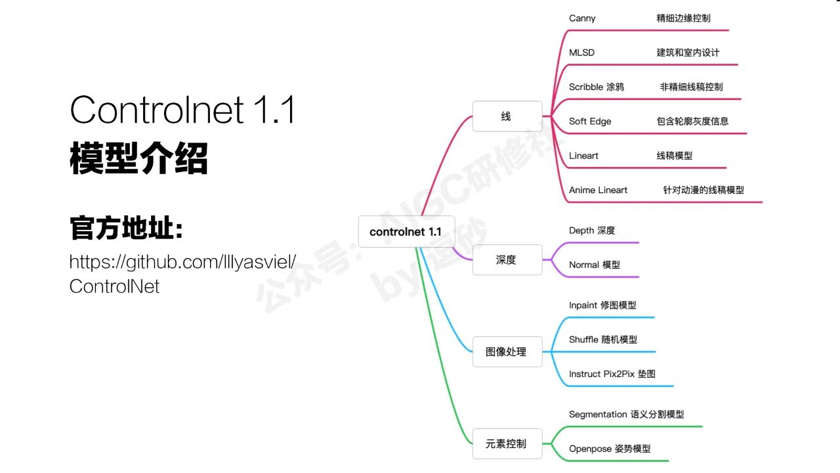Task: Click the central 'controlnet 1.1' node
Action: (x=406, y=232)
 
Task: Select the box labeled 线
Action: (x=507, y=116)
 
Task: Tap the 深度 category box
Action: (x=507, y=259)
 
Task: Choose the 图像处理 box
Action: (x=507, y=351)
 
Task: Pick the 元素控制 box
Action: (x=507, y=443)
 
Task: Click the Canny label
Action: (x=582, y=18)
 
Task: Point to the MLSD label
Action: (x=581, y=53)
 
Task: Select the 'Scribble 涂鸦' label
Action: (x=597, y=87)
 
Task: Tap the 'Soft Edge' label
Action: (x=590, y=122)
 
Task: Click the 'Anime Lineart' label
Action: (x=598, y=190)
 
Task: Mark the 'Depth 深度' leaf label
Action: (x=592, y=231)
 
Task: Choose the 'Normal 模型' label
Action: (x=595, y=265)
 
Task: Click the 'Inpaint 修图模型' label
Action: (x=602, y=305)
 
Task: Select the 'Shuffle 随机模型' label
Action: (x=603, y=340)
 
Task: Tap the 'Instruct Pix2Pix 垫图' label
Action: (x=612, y=374)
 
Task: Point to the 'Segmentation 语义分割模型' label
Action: (x=626, y=415)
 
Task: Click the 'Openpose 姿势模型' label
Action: (x=610, y=449)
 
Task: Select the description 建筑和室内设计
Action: (x=688, y=53)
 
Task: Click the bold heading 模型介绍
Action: (x=138, y=158)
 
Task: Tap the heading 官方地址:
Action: (x=127, y=228)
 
